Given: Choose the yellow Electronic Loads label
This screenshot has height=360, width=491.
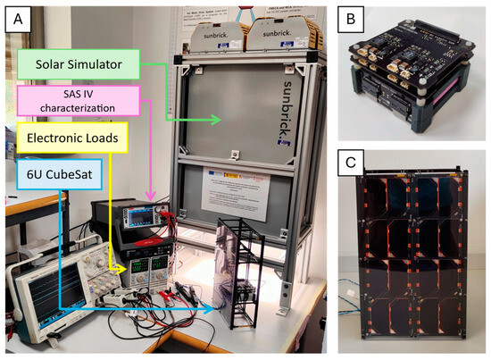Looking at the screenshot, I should tap(74, 138).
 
